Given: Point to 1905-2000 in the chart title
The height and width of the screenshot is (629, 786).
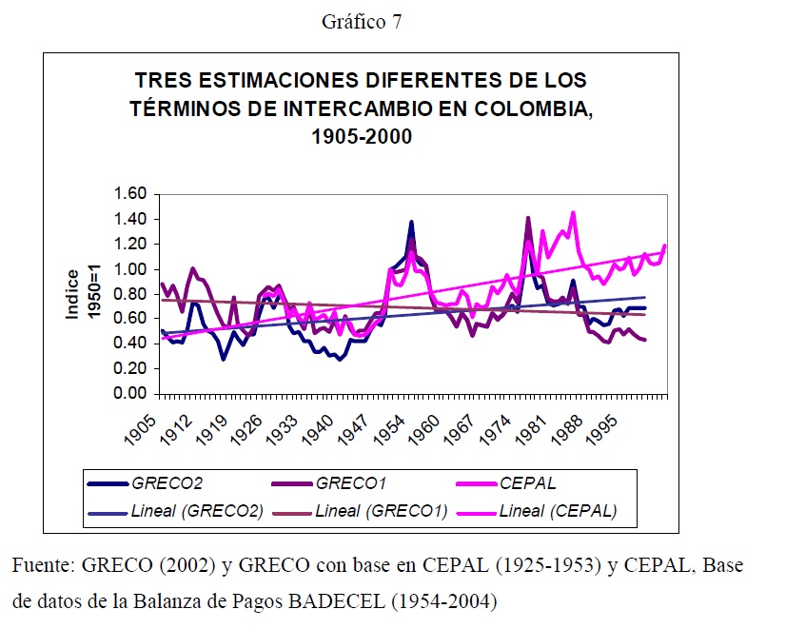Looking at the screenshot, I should (x=361, y=136).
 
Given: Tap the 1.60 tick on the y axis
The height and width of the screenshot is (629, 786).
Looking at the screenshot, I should (x=129, y=193).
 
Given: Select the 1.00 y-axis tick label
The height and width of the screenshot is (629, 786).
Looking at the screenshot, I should (x=129, y=268).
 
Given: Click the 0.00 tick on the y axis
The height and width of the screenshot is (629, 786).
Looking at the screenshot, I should (x=129, y=393).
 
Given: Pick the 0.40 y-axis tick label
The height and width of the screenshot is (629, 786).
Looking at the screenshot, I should (x=129, y=344).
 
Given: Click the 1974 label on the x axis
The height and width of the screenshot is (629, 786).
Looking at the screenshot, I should (x=500, y=427).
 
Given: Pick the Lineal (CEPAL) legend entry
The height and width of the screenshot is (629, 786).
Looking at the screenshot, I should (x=559, y=511).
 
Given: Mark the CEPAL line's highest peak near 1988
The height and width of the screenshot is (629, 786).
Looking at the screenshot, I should (x=573, y=212).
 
